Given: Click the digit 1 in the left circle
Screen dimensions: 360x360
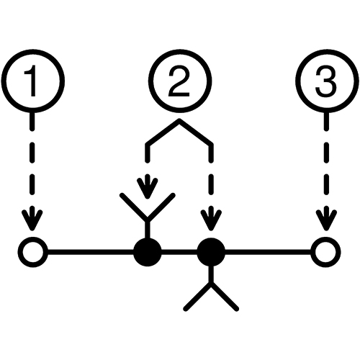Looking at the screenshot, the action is [x=32, y=81].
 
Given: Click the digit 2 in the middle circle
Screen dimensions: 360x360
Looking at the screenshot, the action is [x=179, y=81].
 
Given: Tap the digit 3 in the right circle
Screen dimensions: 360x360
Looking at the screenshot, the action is [x=325, y=81].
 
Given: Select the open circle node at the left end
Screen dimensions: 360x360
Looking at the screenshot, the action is [x=33, y=252].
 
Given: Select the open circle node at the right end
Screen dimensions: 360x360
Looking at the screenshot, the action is [x=325, y=252].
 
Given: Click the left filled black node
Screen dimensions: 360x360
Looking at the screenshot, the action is [x=148, y=252].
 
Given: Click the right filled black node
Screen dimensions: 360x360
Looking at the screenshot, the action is [x=211, y=252].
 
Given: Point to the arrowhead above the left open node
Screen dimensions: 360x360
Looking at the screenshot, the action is [x=32, y=220].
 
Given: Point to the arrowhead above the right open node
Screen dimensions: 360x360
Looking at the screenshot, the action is [x=326, y=220].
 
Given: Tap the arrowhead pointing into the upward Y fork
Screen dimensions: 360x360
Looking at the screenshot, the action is [x=148, y=188].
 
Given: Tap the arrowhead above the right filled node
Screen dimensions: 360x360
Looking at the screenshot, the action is [x=211, y=220].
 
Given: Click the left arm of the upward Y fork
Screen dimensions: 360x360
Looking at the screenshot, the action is [x=134, y=206].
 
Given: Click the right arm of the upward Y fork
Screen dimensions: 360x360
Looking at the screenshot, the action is [x=161, y=206].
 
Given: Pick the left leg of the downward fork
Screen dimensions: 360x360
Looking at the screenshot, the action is [x=197, y=297].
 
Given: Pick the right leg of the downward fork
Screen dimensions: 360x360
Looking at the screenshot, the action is [x=225, y=297].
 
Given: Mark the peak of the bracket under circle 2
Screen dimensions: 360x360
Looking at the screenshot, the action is [x=179, y=120].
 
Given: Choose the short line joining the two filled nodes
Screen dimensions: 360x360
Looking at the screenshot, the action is [x=179, y=252].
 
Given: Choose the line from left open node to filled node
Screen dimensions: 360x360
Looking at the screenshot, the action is [x=91, y=252].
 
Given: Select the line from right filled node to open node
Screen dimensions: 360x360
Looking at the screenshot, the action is [x=268, y=252].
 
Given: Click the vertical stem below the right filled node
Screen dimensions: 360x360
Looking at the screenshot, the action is [x=211, y=275].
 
